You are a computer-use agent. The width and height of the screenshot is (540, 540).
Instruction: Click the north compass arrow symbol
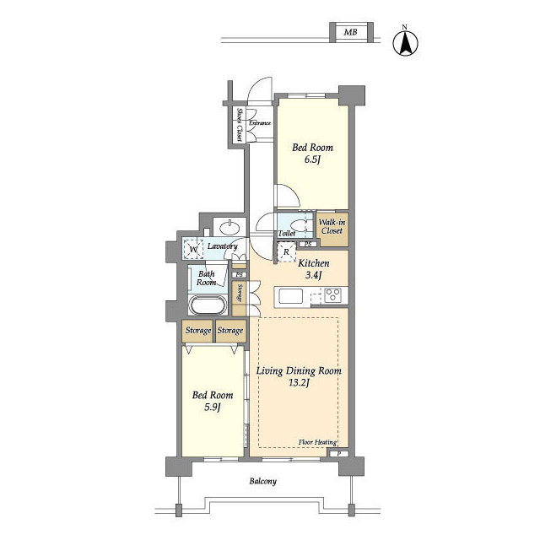tap(405, 43)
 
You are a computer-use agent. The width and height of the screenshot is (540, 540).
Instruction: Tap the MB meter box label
tap(351, 32)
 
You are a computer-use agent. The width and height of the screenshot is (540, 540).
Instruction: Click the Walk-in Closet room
tap(332, 229)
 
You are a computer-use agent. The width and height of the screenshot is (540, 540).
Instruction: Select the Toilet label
tap(287, 234)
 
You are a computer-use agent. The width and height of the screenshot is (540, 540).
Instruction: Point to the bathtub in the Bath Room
tap(208, 305)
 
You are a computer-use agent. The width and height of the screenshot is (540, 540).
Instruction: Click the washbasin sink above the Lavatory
tap(229, 228)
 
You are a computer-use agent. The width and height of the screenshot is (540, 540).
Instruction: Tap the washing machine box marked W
tap(193, 250)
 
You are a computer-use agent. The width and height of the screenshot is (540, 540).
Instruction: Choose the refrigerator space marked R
tap(287, 252)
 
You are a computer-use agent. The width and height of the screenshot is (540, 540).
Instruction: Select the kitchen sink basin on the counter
tap(291, 296)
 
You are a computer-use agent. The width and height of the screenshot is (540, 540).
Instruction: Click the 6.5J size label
tap(312, 159)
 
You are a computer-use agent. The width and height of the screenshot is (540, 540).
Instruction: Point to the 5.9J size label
tap(212, 408)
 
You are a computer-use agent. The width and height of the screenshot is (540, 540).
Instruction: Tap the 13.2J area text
tap(299, 382)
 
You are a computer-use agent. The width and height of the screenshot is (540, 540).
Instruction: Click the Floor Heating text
tap(317, 442)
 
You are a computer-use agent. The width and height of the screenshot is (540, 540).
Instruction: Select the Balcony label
tap(262, 481)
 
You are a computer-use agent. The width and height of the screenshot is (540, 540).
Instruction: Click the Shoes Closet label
tap(239, 125)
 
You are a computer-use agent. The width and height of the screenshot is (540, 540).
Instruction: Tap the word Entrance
tap(260, 123)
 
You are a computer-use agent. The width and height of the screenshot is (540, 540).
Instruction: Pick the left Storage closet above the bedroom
tap(197, 331)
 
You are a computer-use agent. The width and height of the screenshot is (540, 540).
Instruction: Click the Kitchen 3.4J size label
tap(313, 275)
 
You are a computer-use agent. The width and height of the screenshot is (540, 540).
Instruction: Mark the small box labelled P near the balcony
tap(339, 454)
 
